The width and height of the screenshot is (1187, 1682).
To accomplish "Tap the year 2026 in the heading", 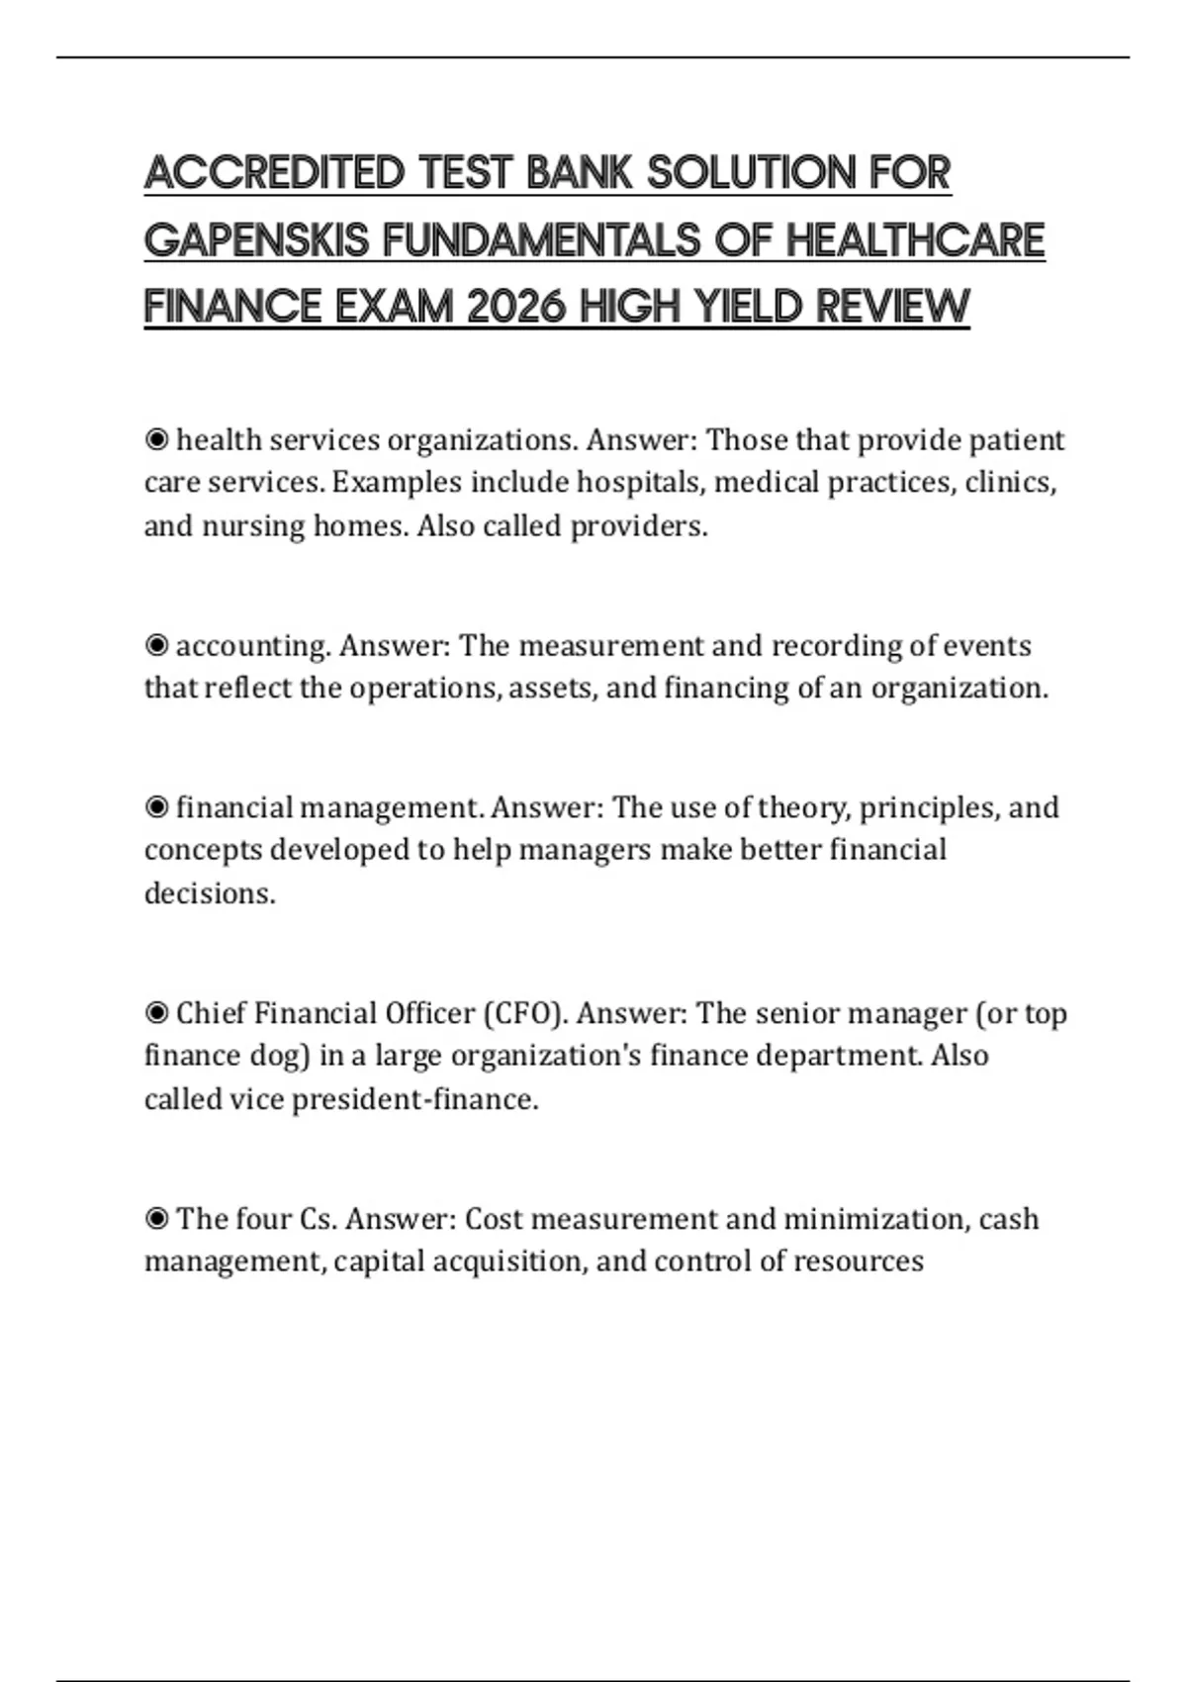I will coord(515,306).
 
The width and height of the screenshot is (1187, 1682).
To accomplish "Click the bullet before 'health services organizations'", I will coord(156,439).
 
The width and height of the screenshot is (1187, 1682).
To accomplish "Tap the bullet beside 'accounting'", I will coord(156,645).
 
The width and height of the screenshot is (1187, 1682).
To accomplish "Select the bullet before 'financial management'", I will coord(156,807).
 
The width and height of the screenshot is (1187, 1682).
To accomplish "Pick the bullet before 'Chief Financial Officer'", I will coord(156,1013).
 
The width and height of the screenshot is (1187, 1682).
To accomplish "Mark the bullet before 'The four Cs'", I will coord(156,1218).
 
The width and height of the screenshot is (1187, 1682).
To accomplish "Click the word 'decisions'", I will coord(208,893).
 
